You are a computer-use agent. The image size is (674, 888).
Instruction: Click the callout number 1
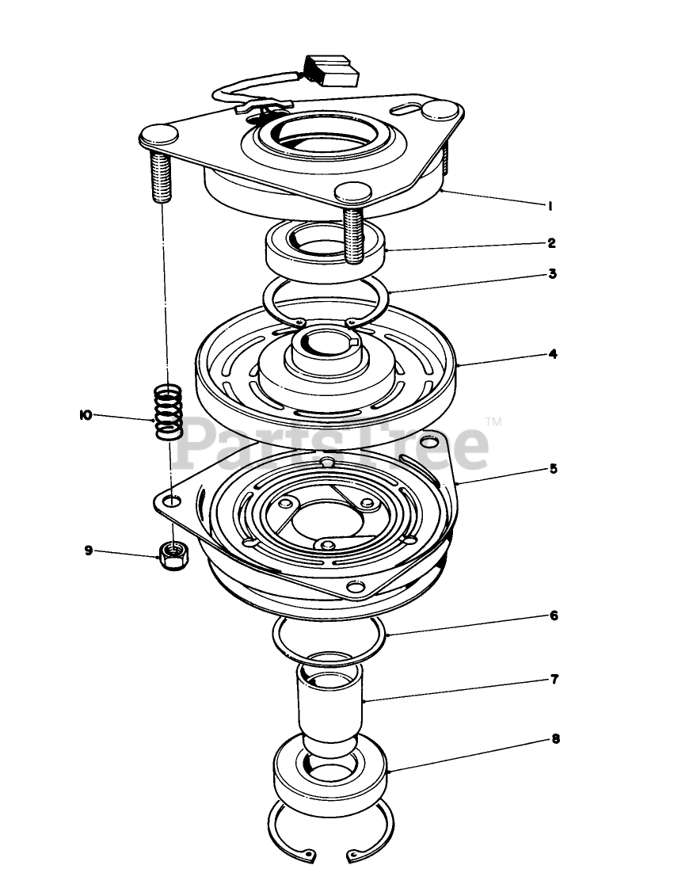pos(550,206)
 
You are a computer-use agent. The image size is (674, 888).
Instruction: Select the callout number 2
pos(552,243)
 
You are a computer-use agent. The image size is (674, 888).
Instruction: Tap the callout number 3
pos(553,274)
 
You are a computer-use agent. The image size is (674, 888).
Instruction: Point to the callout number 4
pos(553,355)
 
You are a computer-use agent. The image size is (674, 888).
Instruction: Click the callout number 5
pos(554,469)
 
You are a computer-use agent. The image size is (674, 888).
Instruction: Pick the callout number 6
pos(554,616)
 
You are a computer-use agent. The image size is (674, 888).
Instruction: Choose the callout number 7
pos(554,679)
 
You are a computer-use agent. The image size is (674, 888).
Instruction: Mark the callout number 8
pos(555,739)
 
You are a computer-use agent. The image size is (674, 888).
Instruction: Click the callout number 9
pos(89,550)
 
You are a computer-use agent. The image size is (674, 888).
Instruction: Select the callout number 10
pos(86,415)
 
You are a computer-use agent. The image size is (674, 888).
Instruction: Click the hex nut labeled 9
pos(173,556)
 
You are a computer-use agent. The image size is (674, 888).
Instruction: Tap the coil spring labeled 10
pos(168,412)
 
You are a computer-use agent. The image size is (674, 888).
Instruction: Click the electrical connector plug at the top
pos(331,71)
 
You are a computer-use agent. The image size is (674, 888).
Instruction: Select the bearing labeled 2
pos(326,245)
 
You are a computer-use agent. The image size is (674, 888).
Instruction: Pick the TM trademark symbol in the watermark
pos(494,421)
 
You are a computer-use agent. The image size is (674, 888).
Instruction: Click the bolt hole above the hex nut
pos(173,501)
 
